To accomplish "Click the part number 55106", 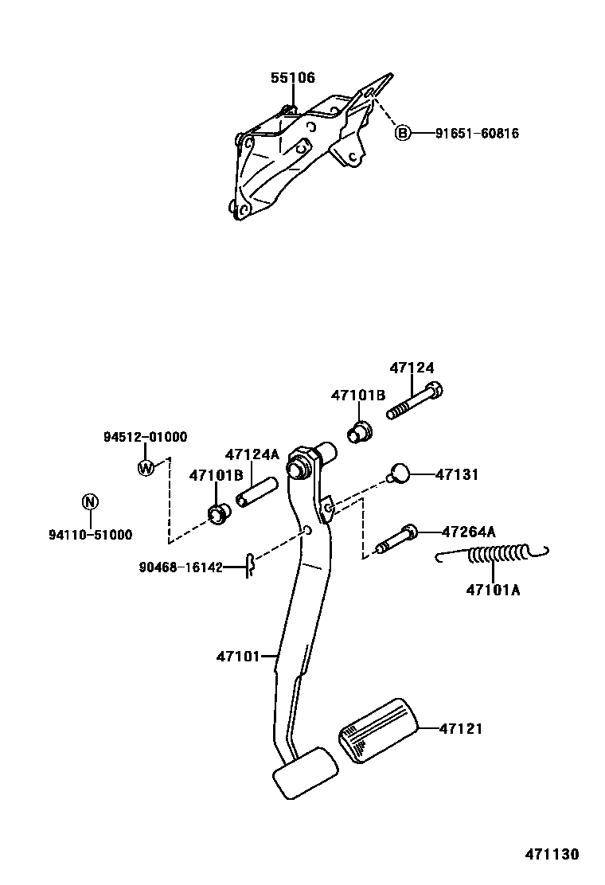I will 292,78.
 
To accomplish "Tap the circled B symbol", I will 404,133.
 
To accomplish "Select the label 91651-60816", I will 477,134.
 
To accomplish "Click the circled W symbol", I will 146,468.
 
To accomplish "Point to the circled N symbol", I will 90,501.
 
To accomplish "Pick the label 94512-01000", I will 145,437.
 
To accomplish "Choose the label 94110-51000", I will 90,535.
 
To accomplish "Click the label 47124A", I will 252,454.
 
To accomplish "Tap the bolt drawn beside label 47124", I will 415,402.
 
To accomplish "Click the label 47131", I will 457,474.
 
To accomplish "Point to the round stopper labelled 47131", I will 399,474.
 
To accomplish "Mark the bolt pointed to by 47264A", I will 395,538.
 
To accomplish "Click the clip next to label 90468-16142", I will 249,567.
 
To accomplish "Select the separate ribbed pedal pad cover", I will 378,731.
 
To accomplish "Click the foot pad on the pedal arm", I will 305,771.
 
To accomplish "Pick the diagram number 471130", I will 551,855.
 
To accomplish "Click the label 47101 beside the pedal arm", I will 238,657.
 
